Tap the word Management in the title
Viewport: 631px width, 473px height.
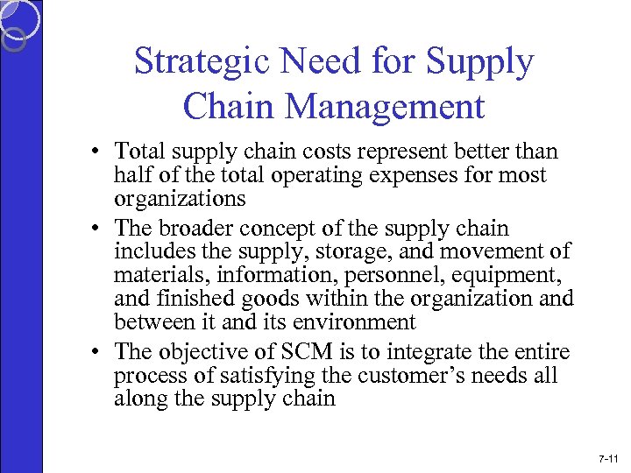[x=386, y=106]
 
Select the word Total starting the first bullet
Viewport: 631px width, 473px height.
[x=143, y=152]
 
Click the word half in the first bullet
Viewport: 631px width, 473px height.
[x=131, y=175]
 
